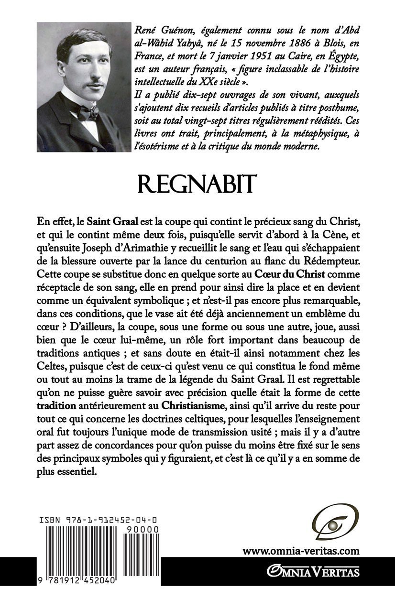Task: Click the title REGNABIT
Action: click(197, 183)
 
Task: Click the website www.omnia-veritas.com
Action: click(300, 551)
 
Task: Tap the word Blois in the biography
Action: click(325, 42)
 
